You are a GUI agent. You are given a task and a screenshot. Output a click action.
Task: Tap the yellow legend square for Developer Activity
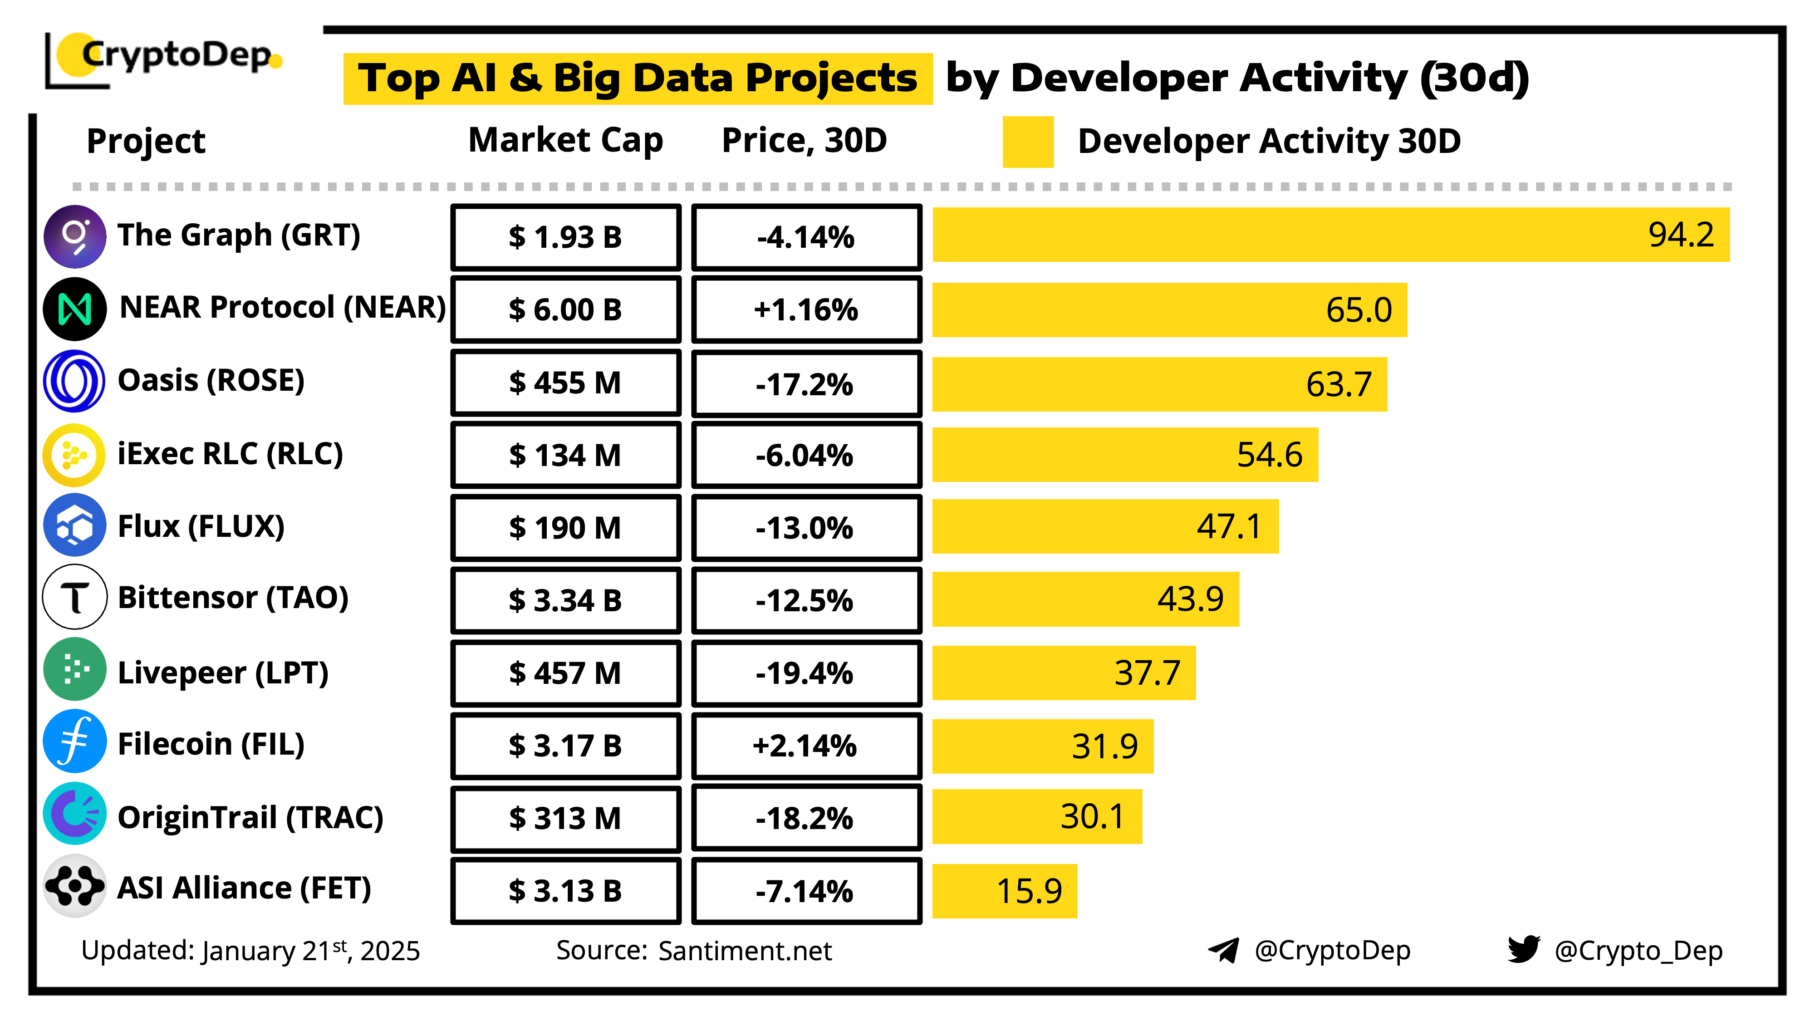tap(1027, 142)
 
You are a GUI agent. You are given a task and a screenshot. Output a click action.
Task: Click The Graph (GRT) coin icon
tap(75, 236)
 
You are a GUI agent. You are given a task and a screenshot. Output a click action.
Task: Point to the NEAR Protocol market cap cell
tap(566, 309)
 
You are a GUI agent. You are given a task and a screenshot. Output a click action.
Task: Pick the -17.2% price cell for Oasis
tap(806, 384)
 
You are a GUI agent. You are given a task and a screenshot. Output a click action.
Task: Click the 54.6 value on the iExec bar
tap(1269, 455)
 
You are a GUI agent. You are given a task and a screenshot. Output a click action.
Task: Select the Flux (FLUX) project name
tap(201, 526)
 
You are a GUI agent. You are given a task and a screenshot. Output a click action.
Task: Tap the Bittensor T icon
tap(75, 598)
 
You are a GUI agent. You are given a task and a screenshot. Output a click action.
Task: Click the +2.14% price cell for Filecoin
tap(806, 746)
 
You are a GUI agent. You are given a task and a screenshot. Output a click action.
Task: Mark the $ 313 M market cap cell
tap(566, 818)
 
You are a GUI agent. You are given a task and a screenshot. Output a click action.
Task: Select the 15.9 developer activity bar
tap(1004, 891)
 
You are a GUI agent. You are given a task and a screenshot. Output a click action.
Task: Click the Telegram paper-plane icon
tap(1224, 951)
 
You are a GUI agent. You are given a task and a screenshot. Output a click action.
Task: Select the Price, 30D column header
tap(804, 140)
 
